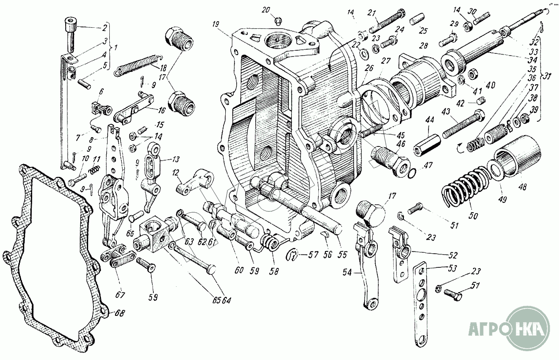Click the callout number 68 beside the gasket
[118, 313]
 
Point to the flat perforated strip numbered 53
[421, 304]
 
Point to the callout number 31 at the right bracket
[549, 75]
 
